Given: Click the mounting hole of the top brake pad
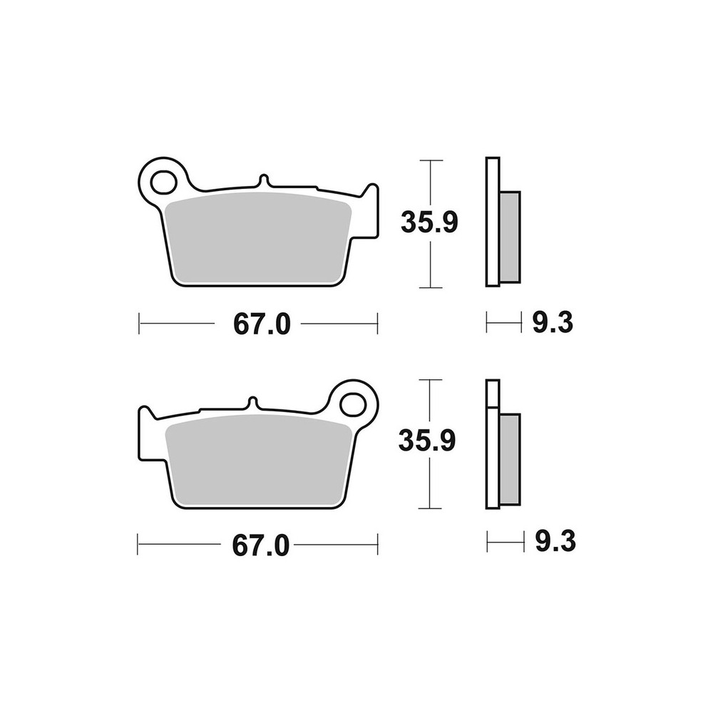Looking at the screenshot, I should pos(164,180).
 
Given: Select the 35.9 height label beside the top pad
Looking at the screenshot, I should pos(429,222).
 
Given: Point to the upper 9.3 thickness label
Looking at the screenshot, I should pos(553,324).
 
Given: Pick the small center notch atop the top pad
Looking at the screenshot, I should pos(263,180).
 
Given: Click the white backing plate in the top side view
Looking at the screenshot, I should pos(492,221).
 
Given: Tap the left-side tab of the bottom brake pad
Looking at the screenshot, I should pos(145,431).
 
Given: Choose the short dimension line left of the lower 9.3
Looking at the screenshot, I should pos(503,543).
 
